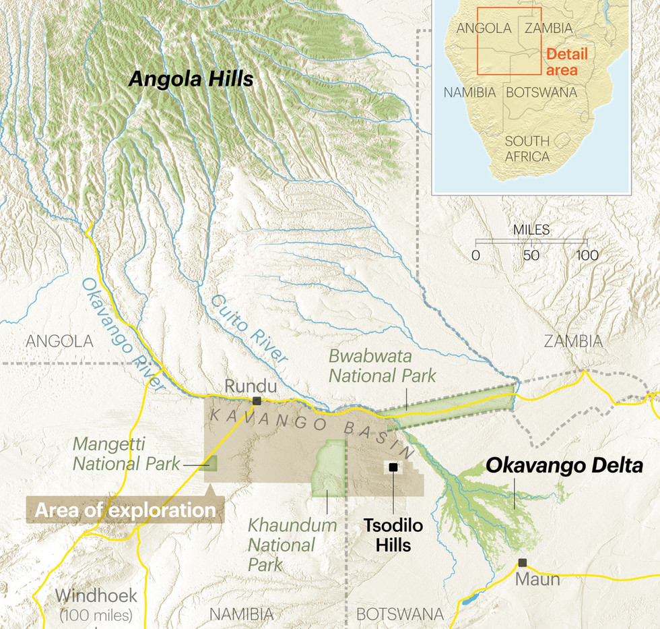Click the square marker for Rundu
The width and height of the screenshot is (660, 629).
[257, 400]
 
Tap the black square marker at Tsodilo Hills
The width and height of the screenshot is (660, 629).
[393, 467]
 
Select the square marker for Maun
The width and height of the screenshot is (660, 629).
[522, 562]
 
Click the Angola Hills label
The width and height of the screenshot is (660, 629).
[191, 79]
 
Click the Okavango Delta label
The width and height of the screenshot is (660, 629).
[564, 465]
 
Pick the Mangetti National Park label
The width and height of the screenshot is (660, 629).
[127, 454]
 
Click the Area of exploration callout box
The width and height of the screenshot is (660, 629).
[125, 510]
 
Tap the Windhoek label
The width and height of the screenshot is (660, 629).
[96, 596]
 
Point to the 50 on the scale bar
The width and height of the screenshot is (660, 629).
[531, 256]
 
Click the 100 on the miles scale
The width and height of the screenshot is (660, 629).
[587, 256]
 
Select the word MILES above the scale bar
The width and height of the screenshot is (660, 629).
[531, 230]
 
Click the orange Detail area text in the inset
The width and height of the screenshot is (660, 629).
[566, 61]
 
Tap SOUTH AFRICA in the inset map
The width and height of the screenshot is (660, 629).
[527, 149]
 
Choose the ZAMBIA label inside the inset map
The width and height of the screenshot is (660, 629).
[548, 28]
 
